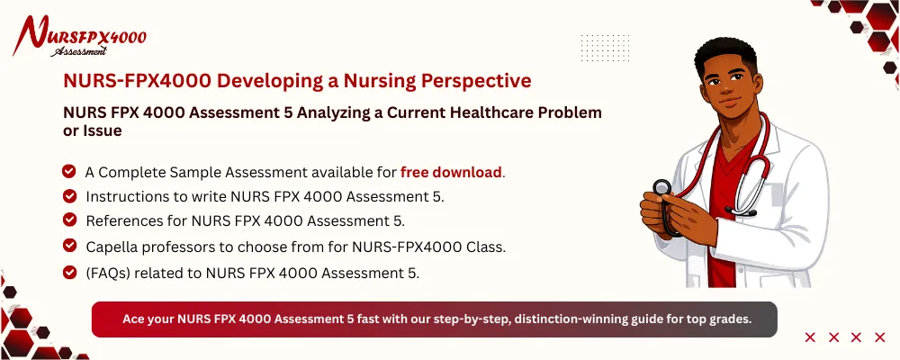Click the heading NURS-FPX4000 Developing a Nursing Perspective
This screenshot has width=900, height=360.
click(x=297, y=81)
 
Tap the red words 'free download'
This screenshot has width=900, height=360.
click(x=451, y=172)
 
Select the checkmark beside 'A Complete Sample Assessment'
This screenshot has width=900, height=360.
click(x=68, y=171)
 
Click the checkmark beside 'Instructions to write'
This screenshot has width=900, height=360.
click(x=68, y=195)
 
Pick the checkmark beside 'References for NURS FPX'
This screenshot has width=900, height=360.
click(x=68, y=220)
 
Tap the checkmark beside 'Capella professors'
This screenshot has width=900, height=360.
click(x=68, y=245)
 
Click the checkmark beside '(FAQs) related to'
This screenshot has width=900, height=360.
click(x=68, y=271)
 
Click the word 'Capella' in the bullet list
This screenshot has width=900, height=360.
click(x=112, y=245)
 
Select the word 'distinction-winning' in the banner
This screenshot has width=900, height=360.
click(x=567, y=319)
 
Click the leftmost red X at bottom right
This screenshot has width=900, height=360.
click(x=810, y=337)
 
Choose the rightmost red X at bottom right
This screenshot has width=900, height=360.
click(x=880, y=337)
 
